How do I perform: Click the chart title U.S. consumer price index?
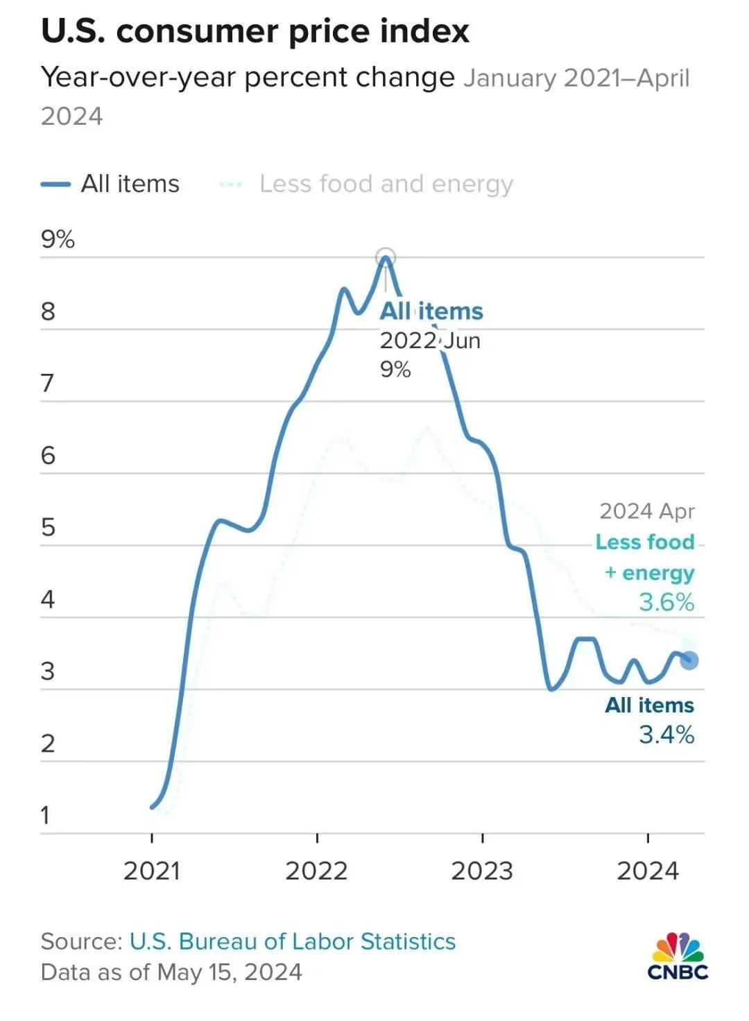click(x=255, y=32)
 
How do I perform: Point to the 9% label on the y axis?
click(x=58, y=239)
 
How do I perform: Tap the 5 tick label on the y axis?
click(x=48, y=527)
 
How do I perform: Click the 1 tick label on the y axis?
click(x=46, y=815)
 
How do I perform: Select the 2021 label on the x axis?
click(x=151, y=870)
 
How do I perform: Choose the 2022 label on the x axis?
click(x=316, y=870)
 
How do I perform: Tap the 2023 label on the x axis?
click(x=482, y=870)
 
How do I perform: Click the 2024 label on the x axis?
click(x=648, y=870)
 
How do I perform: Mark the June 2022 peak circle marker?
click(x=386, y=257)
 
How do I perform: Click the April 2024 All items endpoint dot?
click(x=689, y=660)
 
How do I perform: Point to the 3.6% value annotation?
click(x=666, y=602)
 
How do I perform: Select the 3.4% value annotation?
click(x=666, y=735)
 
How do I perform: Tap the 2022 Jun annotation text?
click(x=430, y=341)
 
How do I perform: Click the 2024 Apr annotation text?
click(x=646, y=511)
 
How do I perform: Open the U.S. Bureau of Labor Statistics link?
click(x=293, y=941)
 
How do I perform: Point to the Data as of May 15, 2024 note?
click(x=171, y=972)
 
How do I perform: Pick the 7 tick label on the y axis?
click(x=47, y=383)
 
